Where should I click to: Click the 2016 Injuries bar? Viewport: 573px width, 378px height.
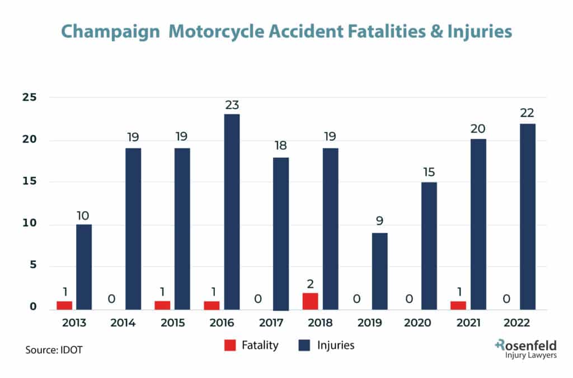(232, 212)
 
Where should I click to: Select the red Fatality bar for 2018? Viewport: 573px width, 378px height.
(311, 301)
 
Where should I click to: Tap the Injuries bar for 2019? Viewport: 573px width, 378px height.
(379, 271)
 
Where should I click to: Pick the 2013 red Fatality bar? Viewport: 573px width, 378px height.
(64, 305)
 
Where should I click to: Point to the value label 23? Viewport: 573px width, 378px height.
(232, 104)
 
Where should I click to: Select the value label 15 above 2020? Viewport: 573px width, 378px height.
(429, 172)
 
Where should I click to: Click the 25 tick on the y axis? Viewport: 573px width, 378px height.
(29, 97)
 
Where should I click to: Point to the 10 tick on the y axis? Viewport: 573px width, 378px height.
(29, 223)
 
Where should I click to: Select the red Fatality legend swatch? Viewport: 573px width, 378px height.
(231, 346)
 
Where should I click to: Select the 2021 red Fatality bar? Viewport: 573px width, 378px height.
(458, 305)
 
